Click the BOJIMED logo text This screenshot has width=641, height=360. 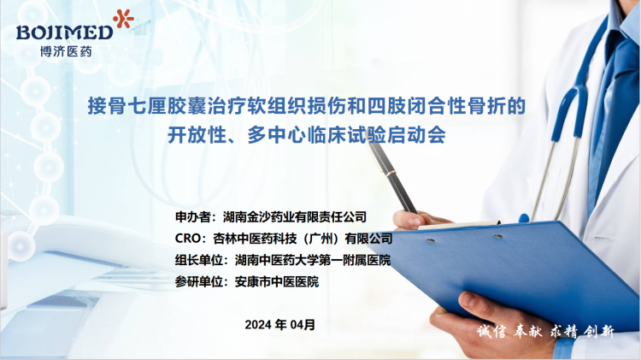[65, 32]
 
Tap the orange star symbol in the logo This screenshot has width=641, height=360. [124, 19]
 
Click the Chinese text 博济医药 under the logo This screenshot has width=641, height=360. [66, 51]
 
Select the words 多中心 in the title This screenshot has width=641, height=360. [277, 135]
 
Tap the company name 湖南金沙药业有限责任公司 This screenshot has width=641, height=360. [295, 217]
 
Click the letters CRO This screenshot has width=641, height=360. [187, 239]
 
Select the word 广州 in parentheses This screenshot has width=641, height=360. [321, 239]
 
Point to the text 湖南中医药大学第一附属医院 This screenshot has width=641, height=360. [313, 260]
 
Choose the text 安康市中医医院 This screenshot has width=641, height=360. [277, 282]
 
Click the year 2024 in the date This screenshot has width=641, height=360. [258, 325]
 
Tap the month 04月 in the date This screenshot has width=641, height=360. [303, 325]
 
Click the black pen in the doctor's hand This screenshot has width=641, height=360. [392, 178]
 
